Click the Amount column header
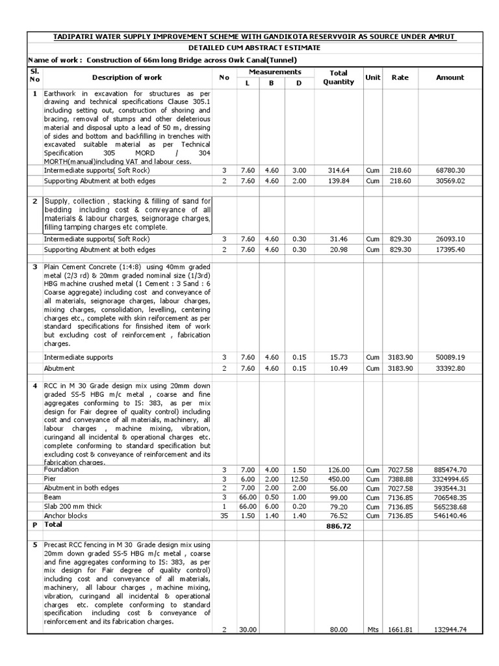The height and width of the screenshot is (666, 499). (450, 77)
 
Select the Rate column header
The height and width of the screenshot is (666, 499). (400, 77)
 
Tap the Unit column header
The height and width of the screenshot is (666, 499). (372, 77)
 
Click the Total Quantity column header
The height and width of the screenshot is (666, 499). (339, 77)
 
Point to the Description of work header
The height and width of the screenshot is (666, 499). (127, 77)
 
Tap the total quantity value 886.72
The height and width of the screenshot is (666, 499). (339, 526)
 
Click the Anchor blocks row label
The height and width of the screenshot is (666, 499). (65, 516)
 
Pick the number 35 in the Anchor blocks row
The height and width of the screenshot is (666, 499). (224, 516)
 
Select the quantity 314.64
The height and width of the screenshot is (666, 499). (339, 170)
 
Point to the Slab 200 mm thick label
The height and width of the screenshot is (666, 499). (74, 507)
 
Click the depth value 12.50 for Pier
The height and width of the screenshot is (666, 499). (299, 479)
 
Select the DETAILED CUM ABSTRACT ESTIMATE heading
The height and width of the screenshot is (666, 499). (249, 48)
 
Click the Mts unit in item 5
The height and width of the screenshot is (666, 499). (372, 630)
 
